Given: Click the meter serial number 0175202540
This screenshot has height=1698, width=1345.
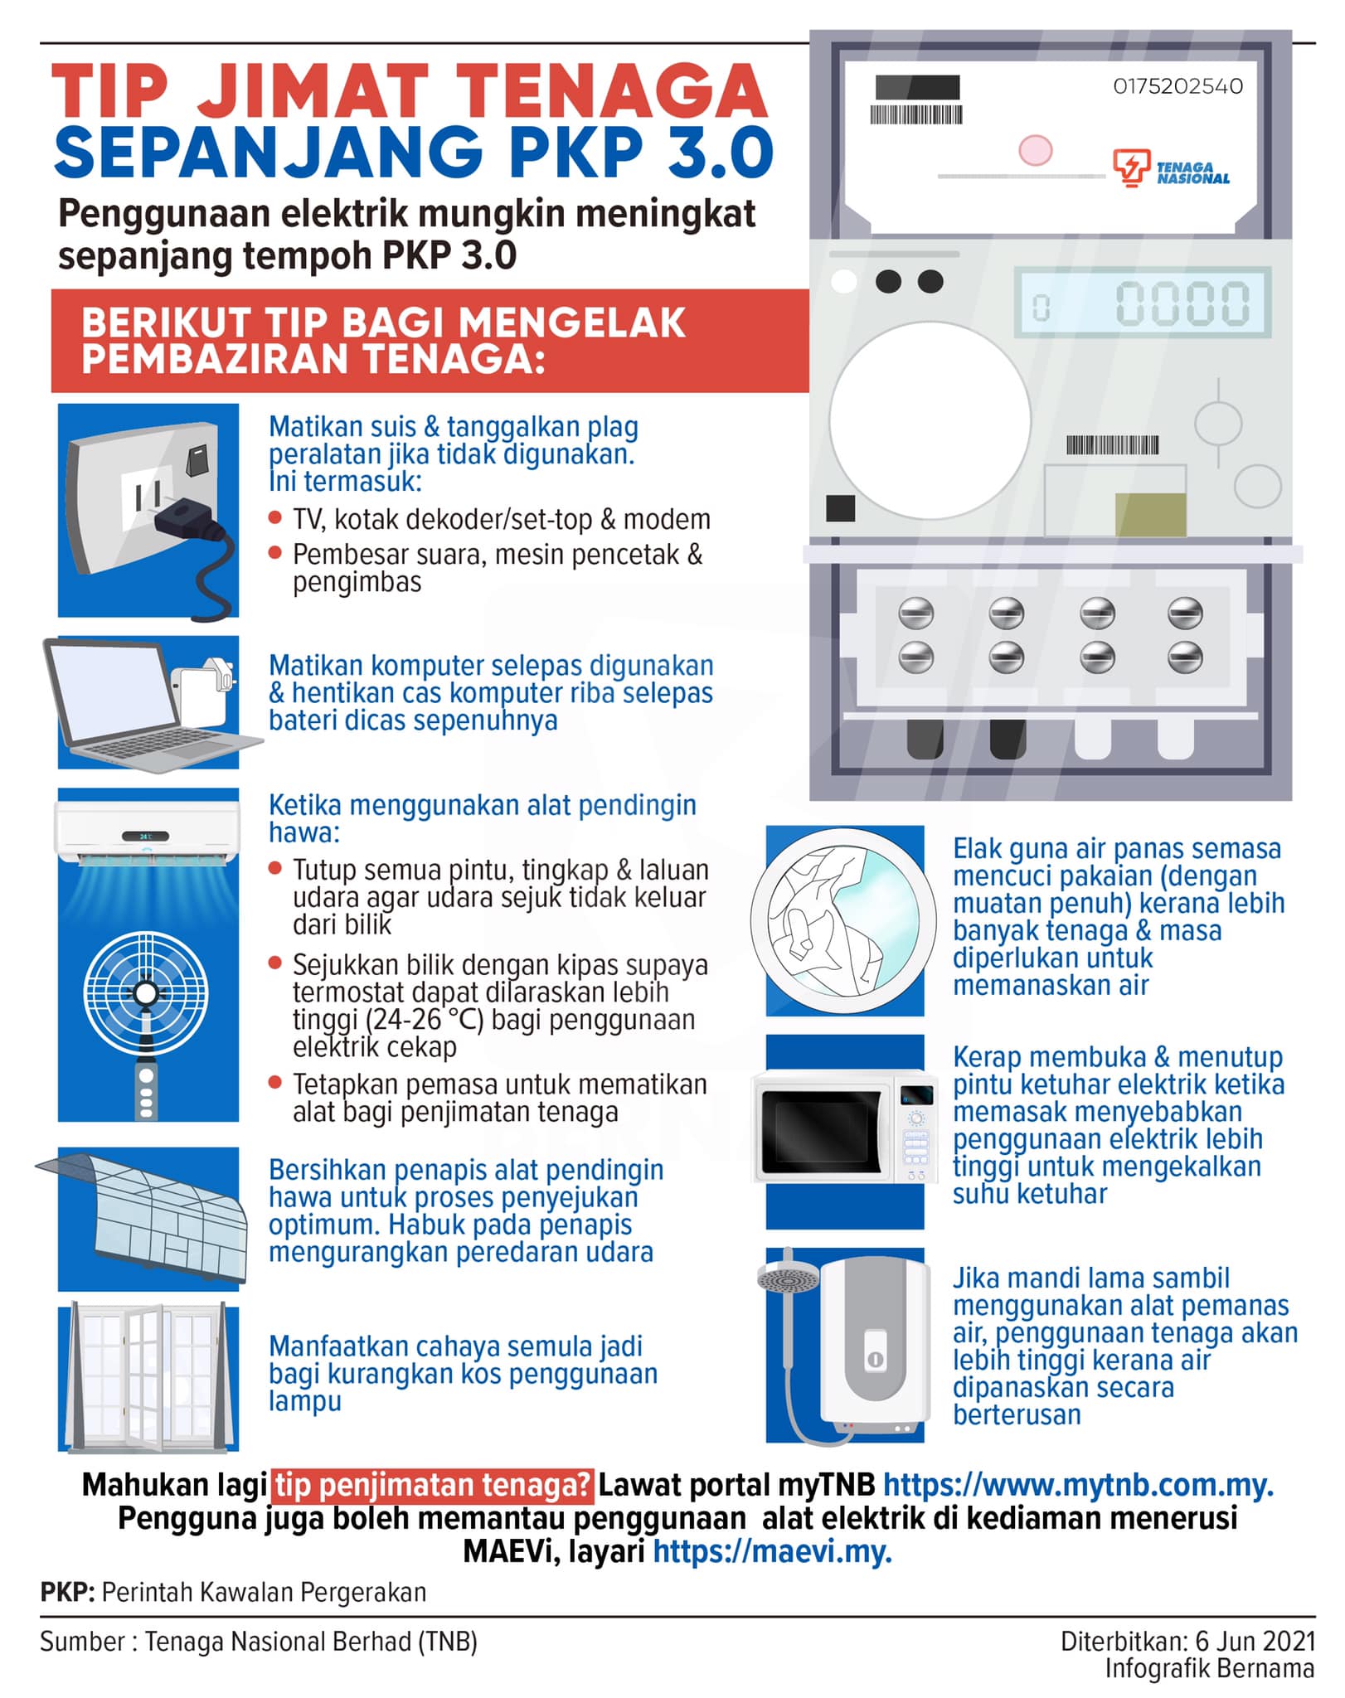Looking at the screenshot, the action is [1177, 86].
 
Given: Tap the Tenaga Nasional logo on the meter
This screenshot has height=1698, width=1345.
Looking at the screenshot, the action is [1171, 168].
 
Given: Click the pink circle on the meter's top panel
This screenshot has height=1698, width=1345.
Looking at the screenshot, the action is [1035, 151].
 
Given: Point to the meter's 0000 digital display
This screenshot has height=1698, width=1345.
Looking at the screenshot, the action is [1143, 302].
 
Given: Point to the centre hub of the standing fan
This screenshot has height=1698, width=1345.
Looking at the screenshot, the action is [146, 993].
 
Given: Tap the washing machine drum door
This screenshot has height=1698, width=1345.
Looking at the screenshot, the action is [838, 920].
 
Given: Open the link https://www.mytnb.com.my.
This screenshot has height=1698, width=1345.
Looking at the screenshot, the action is [1078, 1485].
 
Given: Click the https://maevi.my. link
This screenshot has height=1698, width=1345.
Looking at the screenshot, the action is [773, 1550].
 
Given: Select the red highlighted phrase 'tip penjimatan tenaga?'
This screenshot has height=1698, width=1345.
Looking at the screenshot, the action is [432, 1485].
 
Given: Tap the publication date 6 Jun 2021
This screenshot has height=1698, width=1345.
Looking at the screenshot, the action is [1255, 1641].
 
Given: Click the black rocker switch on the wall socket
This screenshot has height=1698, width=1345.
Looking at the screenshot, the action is [197, 461].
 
